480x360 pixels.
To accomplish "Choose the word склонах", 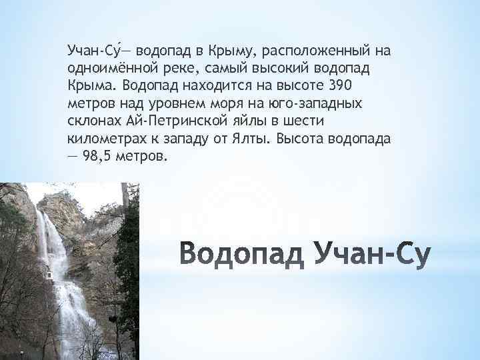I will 94,121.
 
